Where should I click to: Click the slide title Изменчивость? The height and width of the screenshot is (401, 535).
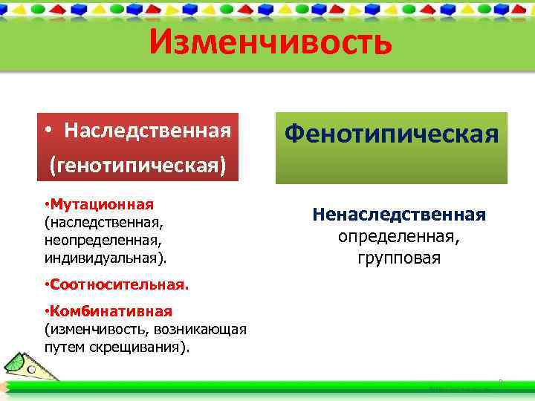269,43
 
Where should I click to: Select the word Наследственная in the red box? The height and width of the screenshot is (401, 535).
147,131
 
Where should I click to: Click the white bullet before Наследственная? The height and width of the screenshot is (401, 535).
48,131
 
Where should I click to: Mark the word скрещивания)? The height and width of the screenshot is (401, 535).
150,347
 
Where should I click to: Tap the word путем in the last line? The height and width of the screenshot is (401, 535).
63,347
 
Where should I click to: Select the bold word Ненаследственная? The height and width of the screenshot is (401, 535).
399,215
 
